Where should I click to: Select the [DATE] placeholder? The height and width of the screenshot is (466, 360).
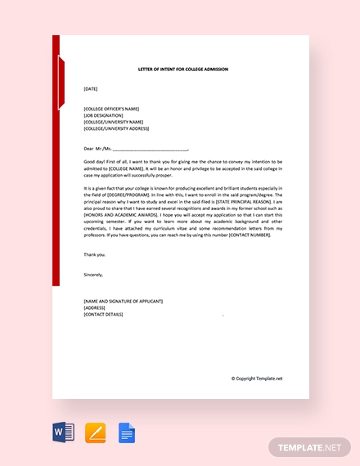tap(90, 88)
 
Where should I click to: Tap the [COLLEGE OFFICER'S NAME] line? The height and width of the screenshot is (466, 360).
tap(111, 109)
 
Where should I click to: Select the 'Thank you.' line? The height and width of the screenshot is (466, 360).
tap(94, 254)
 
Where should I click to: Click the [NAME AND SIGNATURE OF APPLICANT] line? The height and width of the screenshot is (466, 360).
tap(123, 301)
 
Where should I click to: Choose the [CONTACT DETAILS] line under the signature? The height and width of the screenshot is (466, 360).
tap(103, 314)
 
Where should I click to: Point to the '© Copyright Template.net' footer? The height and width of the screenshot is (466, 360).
tap(257, 379)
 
